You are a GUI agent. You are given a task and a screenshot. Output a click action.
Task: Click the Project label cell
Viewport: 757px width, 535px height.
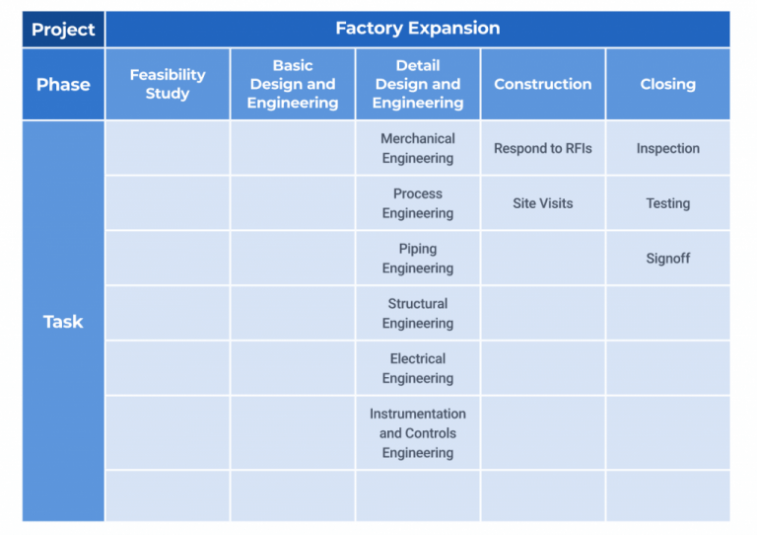click(63, 30)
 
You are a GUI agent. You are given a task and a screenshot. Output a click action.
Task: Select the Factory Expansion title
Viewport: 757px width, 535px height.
click(418, 28)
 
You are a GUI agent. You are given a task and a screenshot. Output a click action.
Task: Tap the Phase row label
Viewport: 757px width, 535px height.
click(63, 85)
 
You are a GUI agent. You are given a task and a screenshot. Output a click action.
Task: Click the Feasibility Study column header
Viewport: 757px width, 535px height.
click(168, 84)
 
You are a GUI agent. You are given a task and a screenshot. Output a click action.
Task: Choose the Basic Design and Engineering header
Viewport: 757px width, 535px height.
click(293, 84)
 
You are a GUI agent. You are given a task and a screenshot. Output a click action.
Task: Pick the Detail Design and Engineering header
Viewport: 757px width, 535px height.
click(418, 84)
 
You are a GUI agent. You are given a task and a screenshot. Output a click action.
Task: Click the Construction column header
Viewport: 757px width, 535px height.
click(543, 84)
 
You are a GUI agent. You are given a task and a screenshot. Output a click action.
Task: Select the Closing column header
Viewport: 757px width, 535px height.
click(668, 84)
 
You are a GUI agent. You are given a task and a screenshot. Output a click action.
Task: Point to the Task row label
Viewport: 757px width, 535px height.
click(63, 322)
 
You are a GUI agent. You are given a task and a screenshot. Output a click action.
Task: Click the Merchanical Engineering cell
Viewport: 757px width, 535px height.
click(418, 148)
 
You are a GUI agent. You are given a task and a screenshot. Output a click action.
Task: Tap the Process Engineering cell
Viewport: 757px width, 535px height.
click(418, 203)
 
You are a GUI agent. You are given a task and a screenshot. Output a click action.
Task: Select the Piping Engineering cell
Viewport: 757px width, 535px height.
click(418, 258)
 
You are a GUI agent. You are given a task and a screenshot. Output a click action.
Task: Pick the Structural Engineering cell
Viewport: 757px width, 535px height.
click(418, 313)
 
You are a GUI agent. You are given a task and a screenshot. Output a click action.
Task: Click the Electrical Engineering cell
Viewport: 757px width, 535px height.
click(418, 368)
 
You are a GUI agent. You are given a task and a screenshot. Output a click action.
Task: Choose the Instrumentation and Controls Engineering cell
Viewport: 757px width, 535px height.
click(418, 433)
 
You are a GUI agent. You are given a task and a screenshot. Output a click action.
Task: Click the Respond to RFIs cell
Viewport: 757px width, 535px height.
click(543, 148)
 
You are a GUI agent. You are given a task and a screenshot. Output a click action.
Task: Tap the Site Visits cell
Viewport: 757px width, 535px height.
click(543, 203)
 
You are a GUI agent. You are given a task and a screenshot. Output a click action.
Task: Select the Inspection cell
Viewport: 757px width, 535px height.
click(668, 148)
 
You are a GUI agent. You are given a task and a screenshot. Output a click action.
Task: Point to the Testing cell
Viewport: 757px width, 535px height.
click(668, 203)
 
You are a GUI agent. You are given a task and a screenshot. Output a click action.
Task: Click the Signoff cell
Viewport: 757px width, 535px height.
click(668, 258)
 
